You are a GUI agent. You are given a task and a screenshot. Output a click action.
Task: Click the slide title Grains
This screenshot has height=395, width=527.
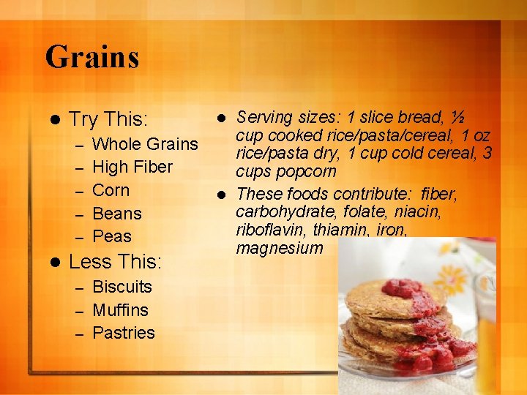pos(92,56)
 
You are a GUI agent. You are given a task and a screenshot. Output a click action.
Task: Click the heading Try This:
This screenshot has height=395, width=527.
pos(108,118)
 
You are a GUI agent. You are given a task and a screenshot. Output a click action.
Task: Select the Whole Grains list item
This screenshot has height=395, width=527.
pos(145,143)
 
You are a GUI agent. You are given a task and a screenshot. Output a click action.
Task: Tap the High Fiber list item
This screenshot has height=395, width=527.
pos(132,167)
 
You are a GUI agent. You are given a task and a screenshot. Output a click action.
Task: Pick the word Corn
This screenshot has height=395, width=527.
pos(111,190)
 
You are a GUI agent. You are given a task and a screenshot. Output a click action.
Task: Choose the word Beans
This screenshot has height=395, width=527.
pos(117,214)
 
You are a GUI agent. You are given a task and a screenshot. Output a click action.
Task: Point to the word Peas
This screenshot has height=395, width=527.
pos(112,236)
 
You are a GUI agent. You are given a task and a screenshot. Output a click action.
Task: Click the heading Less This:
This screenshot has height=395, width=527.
pos(114,261)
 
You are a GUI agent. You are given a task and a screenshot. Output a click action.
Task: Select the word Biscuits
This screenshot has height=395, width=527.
pos(122,287)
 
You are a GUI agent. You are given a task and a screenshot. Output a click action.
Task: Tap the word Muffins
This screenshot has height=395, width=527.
pos(120,309)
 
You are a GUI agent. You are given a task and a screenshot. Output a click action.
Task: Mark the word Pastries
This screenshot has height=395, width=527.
pos(124,333)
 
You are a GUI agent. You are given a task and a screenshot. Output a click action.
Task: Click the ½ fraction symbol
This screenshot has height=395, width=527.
pos(459,117)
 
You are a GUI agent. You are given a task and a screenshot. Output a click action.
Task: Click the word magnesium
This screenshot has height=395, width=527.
pos(279,248)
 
